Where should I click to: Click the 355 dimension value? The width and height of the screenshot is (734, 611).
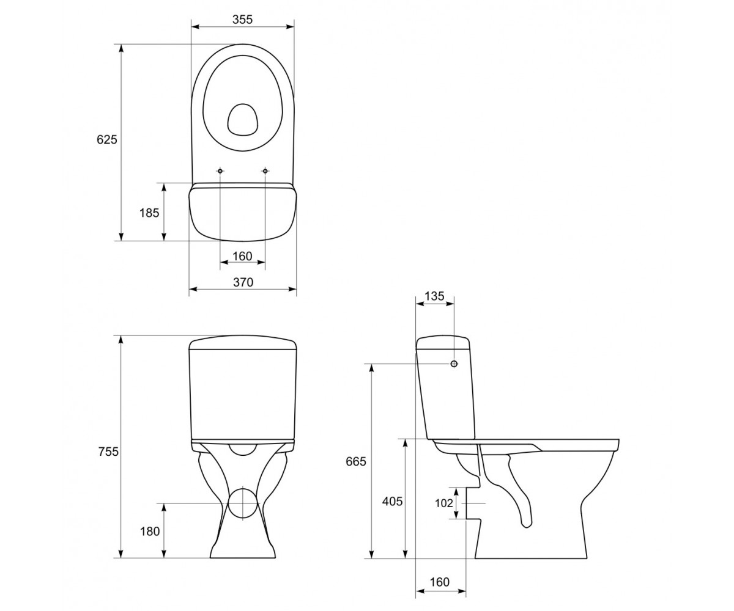[x=242, y=20]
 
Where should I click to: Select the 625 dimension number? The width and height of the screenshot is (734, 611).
[x=107, y=140]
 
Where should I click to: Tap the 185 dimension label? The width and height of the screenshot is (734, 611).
[x=149, y=213]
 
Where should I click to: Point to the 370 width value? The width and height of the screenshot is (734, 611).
[x=243, y=282]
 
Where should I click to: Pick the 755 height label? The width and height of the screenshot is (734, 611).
[x=108, y=452]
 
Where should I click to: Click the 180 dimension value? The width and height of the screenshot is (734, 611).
[x=150, y=532]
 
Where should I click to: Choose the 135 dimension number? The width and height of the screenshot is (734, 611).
[x=434, y=296]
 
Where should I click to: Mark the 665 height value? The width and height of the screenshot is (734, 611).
[x=356, y=461]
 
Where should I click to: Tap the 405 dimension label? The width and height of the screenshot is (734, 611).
[x=392, y=502]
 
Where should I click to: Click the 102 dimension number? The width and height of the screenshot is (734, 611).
[x=444, y=503]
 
